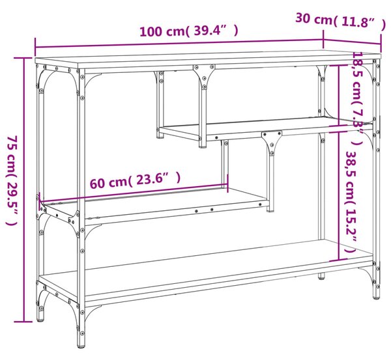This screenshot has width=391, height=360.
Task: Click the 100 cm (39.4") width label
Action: pos(189,31)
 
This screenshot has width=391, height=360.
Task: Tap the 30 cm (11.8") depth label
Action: pos(341,20)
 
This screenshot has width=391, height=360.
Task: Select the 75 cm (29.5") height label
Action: pos(12,180)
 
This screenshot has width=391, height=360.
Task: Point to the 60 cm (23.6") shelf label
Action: pos(135,180)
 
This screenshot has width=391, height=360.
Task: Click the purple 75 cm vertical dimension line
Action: pos(24,189)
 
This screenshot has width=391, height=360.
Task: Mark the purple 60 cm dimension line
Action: pos(134,193)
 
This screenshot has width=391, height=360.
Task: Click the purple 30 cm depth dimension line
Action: pos(352,42)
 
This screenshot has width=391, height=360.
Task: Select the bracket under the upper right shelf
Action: pos(272,141)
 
